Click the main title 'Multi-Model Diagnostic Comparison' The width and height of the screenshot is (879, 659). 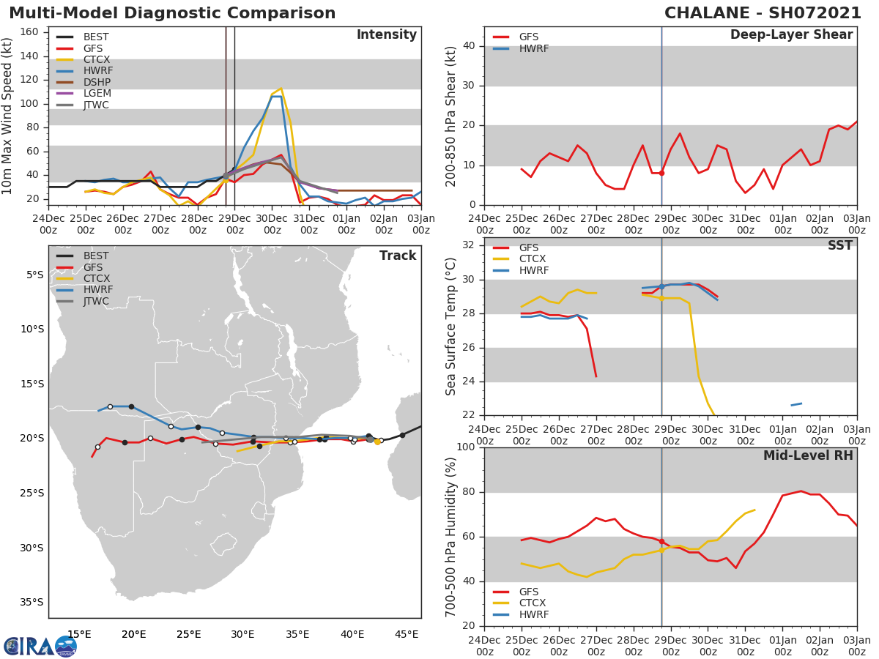[x=172, y=13]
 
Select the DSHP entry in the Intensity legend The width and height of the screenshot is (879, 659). [x=97, y=82]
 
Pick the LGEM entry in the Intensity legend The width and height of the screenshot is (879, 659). [x=97, y=94]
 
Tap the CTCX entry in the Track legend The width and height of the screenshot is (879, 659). [x=97, y=279]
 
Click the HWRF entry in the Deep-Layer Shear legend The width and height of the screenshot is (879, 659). [x=533, y=49]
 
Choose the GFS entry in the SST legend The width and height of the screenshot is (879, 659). [x=529, y=247]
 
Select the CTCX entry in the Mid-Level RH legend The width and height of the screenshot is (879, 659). [x=533, y=603]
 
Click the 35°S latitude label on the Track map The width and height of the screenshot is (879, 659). [x=31, y=603]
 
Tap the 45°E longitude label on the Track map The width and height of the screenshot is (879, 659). [x=407, y=634]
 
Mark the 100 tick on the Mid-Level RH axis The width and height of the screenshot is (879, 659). [x=464, y=447]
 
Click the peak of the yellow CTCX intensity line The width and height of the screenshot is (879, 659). [x=281, y=89]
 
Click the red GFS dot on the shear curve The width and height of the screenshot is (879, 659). [x=661, y=173]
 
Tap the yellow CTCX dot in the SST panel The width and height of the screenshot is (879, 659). [x=661, y=298]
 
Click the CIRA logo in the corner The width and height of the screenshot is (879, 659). [x=40, y=646]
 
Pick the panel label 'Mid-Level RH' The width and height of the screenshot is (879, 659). [x=808, y=455]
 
